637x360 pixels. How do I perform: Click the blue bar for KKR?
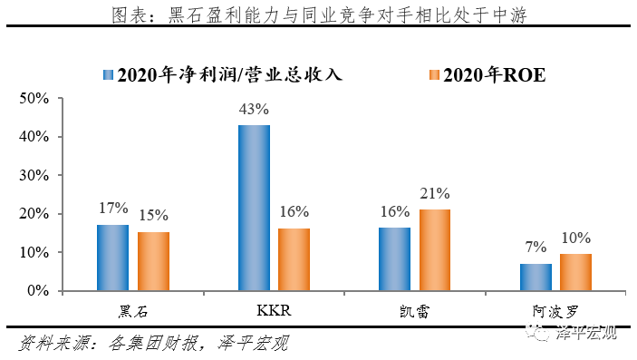pos(254,208)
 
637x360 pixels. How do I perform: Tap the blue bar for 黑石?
pos(113,258)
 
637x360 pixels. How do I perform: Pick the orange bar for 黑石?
pos(154,261)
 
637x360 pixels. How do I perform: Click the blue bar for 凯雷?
pos(394,259)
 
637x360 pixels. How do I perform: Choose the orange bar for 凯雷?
pos(435,250)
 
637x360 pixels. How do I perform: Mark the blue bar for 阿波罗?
pos(535,277)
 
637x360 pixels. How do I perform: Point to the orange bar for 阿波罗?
pos(575,272)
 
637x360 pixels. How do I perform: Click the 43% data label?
pos(254,109)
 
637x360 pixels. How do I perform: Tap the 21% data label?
pos(435,193)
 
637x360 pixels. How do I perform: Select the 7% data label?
pos(535,248)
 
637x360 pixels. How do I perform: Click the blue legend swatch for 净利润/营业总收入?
pos(110,74)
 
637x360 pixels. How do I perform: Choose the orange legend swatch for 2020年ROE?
pos(433,74)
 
